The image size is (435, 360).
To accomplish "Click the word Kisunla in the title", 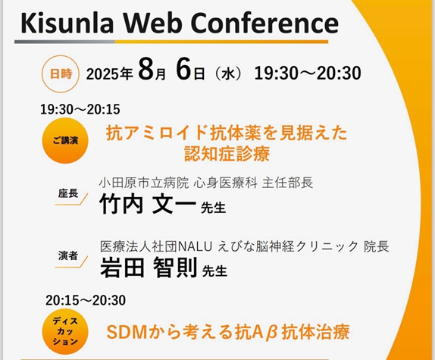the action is tap(67, 23).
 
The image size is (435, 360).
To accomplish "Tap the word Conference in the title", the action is tap(265, 23).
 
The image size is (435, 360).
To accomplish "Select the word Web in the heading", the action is tap(152, 23).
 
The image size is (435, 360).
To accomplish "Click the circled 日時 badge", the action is tap(61, 74).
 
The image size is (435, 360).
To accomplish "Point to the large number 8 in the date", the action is tap(146, 68).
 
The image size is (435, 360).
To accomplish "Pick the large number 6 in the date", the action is tap(183, 68).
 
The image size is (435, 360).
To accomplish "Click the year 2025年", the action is tap(109, 74).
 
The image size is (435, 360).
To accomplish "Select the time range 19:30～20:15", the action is tap(80, 109).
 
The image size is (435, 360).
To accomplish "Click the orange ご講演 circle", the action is tap(65, 141).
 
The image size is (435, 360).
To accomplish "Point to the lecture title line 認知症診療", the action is tap(227, 154).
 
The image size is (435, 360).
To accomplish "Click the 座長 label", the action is tap(68, 193).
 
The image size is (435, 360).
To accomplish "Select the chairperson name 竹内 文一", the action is tap(147, 204).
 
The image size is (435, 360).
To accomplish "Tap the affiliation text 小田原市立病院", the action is tap(144, 183).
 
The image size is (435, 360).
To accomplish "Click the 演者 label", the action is tap(68, 255).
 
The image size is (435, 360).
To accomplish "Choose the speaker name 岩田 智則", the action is tap(149, 268).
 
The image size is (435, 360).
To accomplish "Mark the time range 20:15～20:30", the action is tap(86, 300).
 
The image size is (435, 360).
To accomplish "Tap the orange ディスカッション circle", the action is tap(65, 331).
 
